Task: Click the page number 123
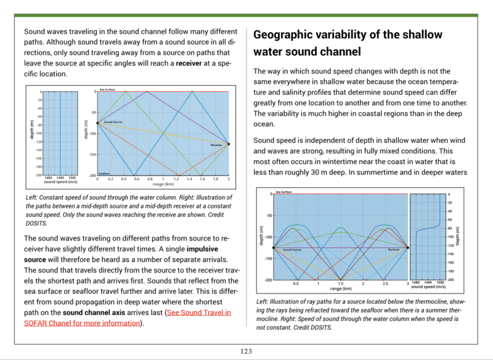tap(246, 351)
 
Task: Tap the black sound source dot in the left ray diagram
tap(97, 123)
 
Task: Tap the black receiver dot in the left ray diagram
tap(229, 144)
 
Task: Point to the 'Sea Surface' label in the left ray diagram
tap(108, 89)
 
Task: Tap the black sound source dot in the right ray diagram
tap(273, 248)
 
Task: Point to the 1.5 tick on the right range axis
tap(340, 284)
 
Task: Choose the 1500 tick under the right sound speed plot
tap(440, 284)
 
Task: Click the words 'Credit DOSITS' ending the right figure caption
tap(314, 327)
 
